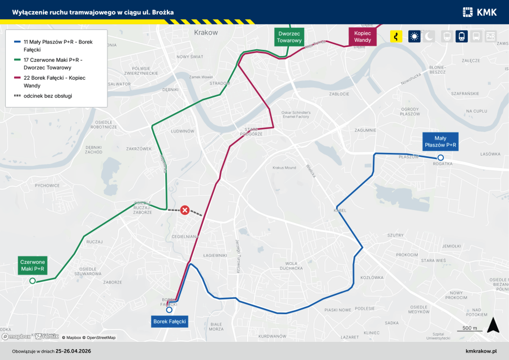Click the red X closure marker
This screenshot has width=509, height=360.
[x=185, y=211]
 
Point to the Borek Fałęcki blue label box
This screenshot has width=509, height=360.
[x=170, y=322]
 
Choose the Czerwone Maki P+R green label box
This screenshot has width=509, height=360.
[x=33, y=265]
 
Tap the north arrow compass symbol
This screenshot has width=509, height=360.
[x=493, y=325]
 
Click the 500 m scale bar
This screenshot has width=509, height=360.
[x=469, y=329]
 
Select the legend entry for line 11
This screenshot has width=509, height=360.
[x=54, y=46]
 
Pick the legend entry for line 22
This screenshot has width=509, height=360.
[x=54, y=82]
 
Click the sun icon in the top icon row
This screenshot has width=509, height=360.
[x=415, y=37]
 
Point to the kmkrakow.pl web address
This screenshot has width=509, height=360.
[x=481, y=351]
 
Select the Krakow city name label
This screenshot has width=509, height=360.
[x=205, y=32]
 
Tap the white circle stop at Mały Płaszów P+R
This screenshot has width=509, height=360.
[x=441, y=157]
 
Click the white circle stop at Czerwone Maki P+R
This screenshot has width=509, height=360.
[x=33, y=281]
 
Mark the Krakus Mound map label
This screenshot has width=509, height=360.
[x=284, y=168]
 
